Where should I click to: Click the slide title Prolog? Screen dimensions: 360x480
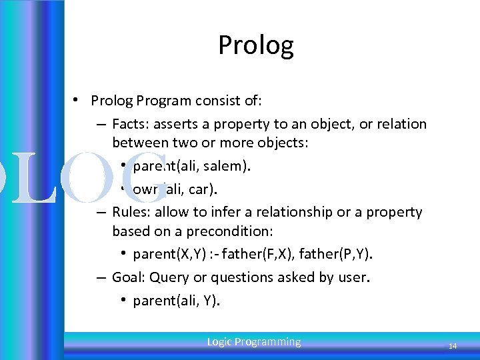point(255,45)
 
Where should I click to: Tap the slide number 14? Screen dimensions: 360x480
point(452,346)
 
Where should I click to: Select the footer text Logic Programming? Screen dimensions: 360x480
point(254,342)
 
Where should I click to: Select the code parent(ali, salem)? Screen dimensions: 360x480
point(192,167)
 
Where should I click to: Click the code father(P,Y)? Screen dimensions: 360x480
point(337,255)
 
